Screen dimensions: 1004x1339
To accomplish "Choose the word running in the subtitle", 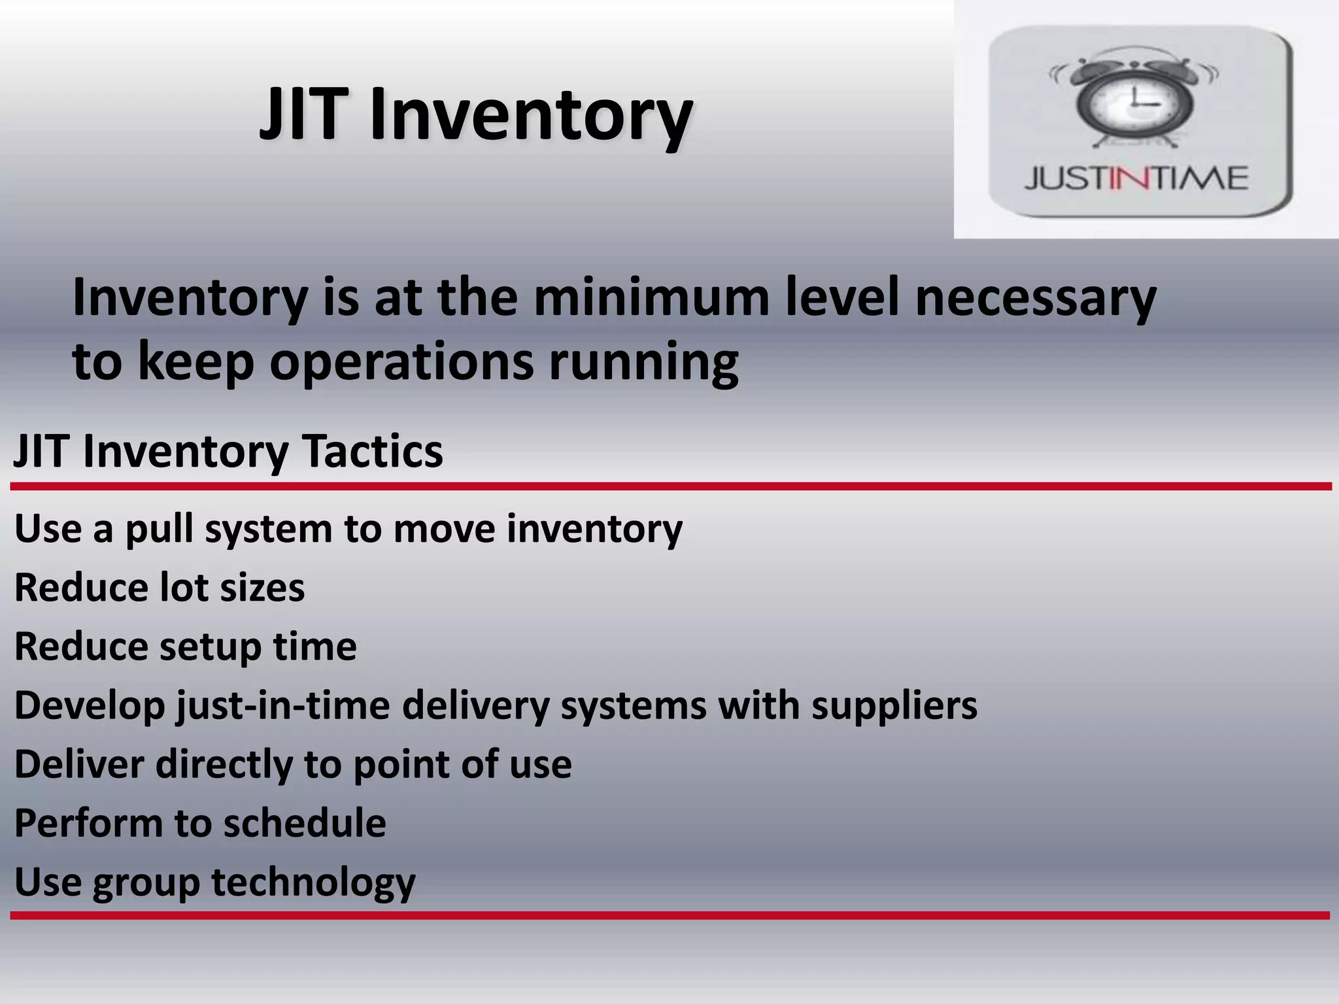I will (x=643, y=363).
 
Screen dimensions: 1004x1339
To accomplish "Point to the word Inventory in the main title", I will (x=531, y=116).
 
